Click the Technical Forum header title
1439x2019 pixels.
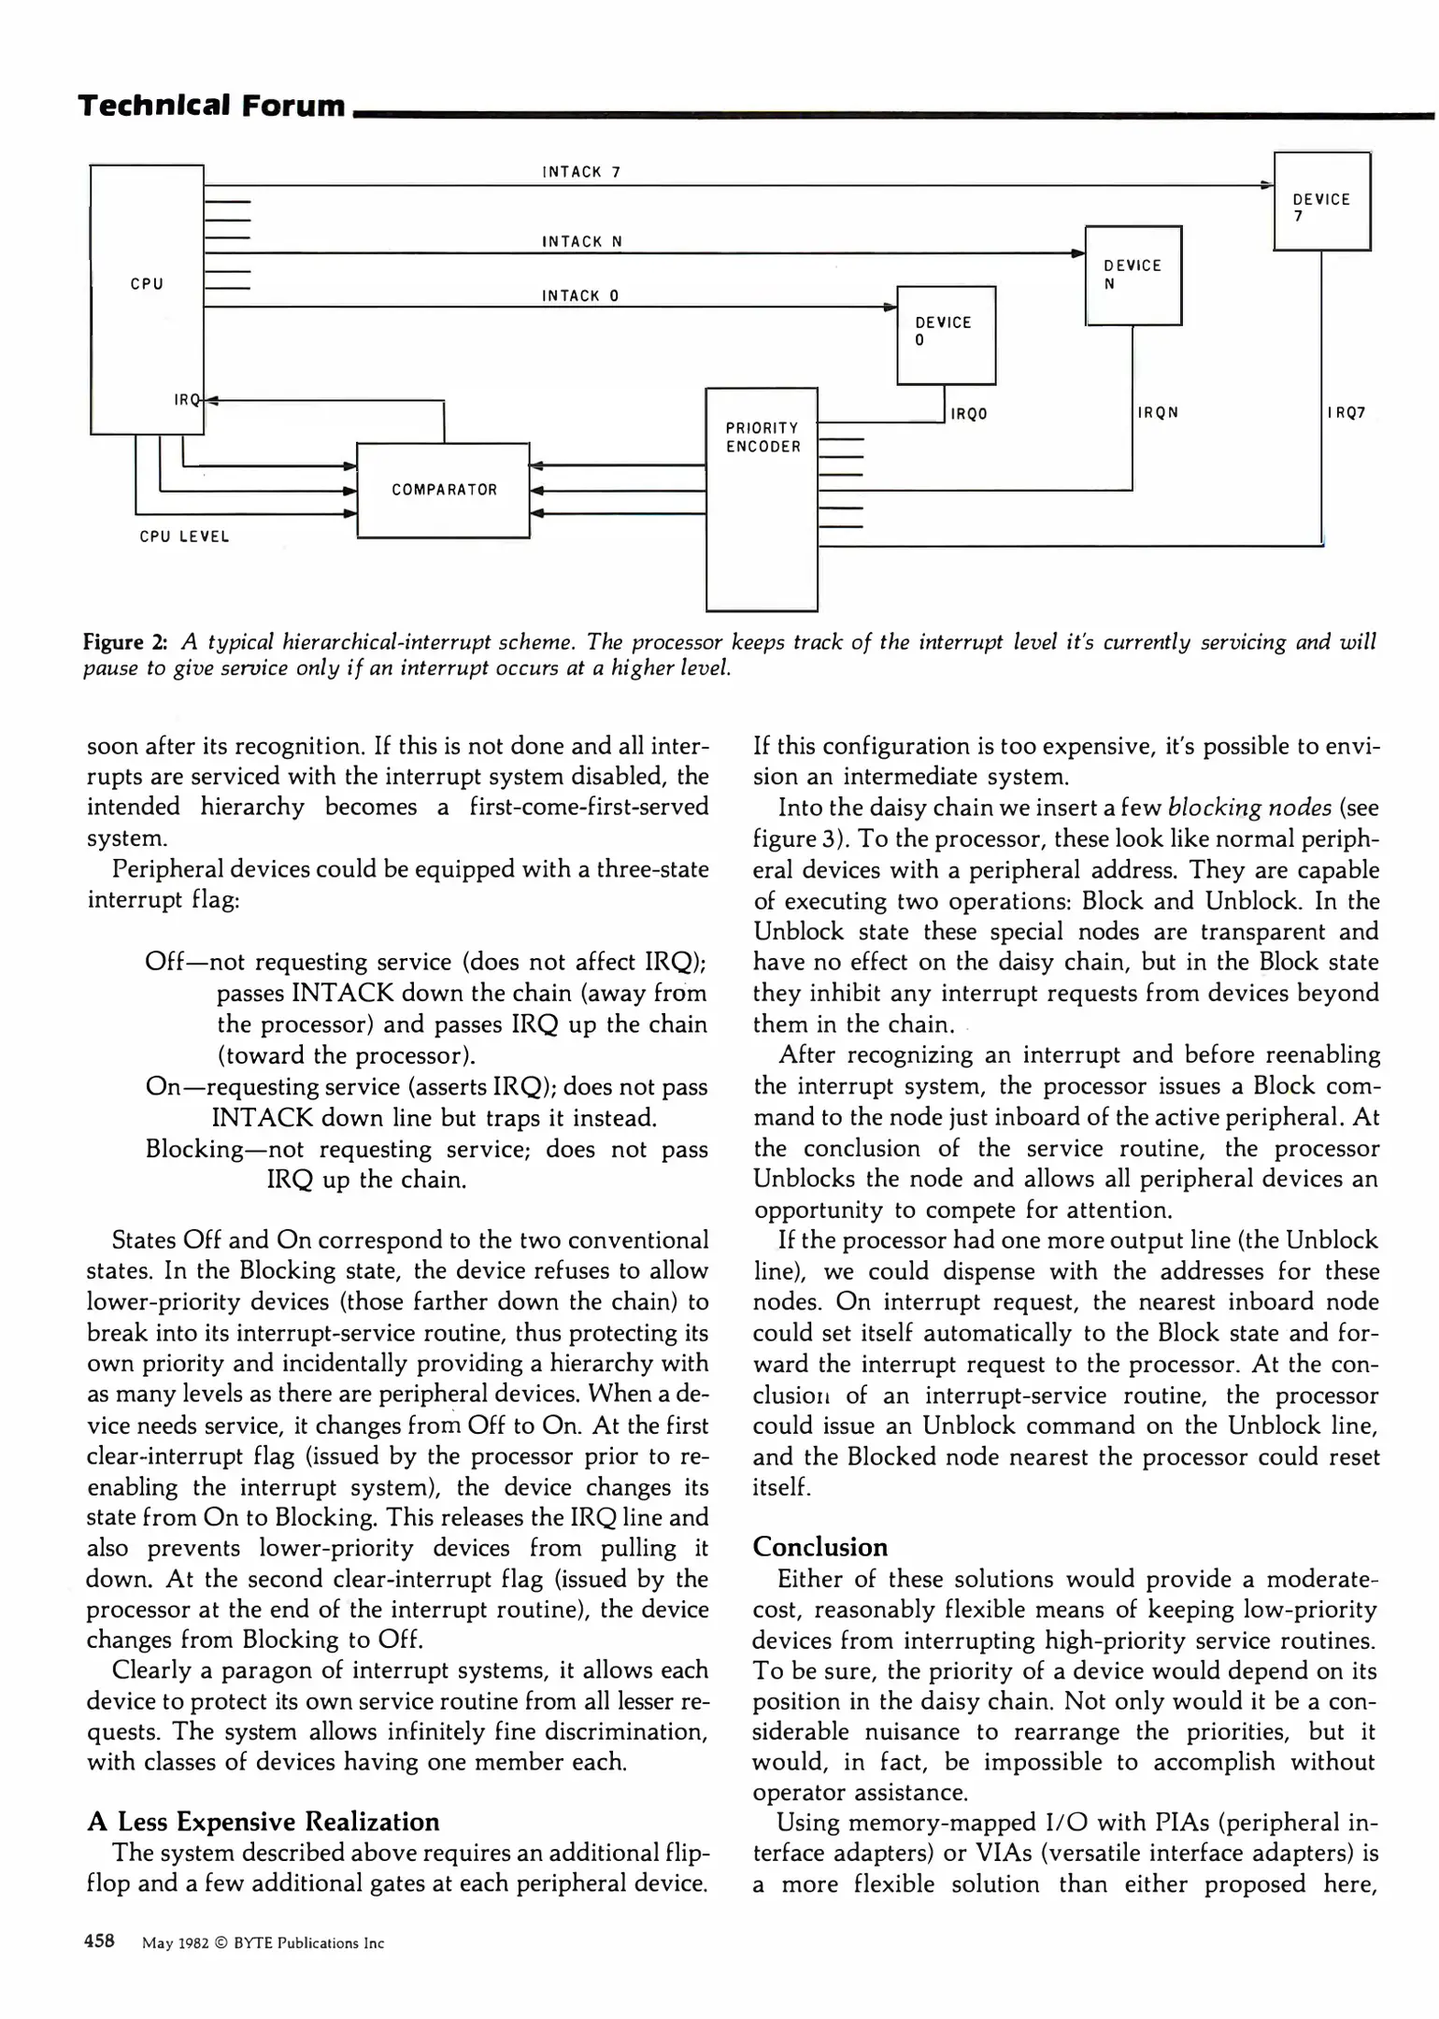(x=212, y=106)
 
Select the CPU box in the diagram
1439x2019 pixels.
(x=147, y=299)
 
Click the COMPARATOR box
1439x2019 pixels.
(x=444, y=490)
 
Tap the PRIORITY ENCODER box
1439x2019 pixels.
(x=762, y=498)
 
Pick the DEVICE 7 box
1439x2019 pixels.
(x=1321, y=202)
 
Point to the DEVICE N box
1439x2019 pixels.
(x=1133, y=276)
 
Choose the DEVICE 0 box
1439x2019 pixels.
(x=946, y=335)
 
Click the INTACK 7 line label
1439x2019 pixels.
(x=581, y=172)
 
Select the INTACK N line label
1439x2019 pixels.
(x=582, y=242)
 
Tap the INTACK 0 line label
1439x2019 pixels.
(x=580, y=296)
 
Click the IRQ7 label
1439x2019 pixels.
(x=1346, y=412)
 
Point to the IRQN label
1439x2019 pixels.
(x=1158, y=412)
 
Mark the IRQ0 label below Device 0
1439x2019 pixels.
(x=969, y=413)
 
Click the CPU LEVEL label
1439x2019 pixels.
(x=184, y=537)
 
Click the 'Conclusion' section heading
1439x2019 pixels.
(x=819, y=1547)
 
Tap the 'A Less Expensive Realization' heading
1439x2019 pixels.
(x=263, y=1822)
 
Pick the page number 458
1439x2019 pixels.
(x=99, y=1940)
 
